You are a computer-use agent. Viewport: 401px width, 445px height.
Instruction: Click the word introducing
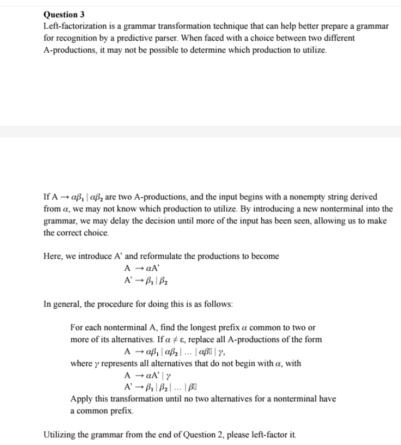[275, 209]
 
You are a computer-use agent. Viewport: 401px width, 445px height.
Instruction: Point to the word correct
[68, 233]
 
